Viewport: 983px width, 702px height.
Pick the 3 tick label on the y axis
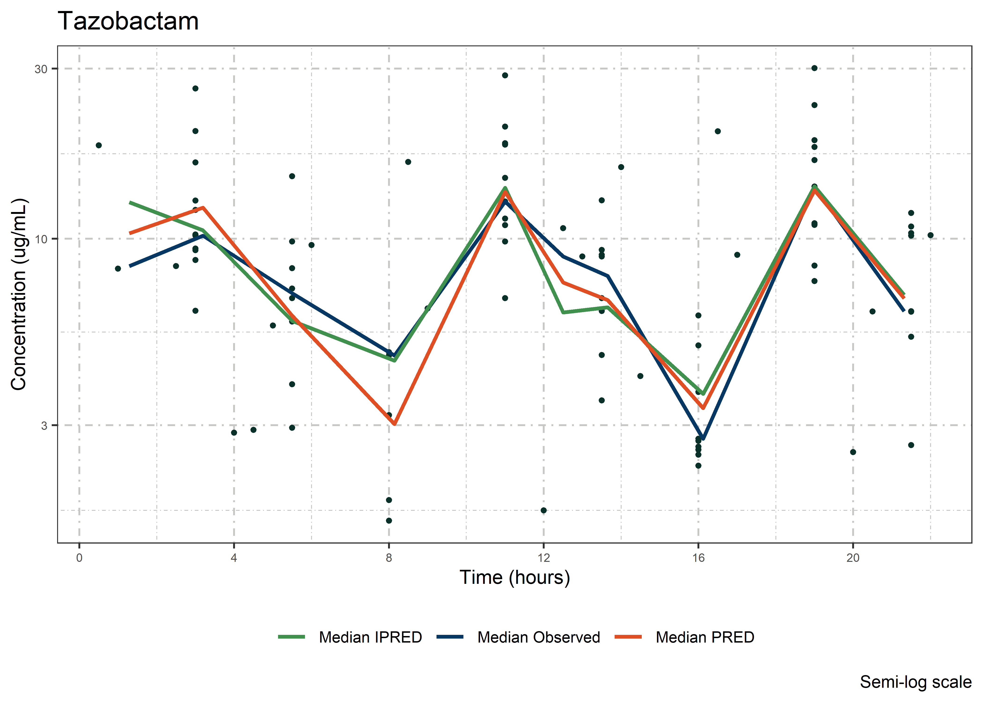(44, 425)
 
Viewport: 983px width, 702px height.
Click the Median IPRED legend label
(370, 637)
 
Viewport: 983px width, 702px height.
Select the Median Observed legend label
(539, 637)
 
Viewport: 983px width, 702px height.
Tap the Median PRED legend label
(705, 637)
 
